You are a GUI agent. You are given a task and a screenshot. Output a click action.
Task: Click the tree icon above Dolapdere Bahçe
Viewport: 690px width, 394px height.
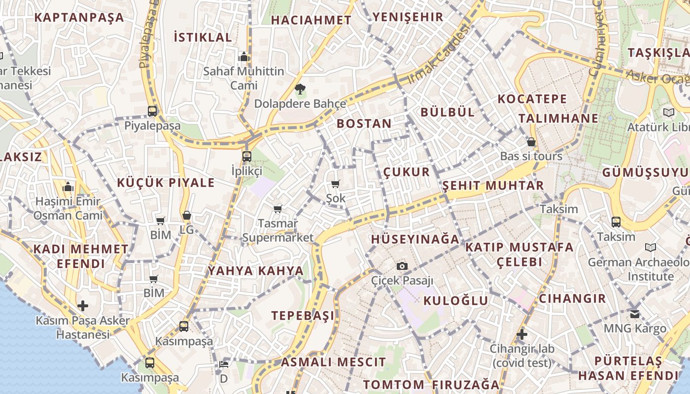point(300,89)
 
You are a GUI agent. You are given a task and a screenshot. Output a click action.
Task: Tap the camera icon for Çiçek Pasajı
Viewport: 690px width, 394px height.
point(402,266)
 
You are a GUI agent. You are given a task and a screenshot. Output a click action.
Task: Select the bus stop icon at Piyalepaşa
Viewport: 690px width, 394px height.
point(152,111)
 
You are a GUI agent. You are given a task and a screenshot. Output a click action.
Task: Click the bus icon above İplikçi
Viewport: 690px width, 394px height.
point(246,157)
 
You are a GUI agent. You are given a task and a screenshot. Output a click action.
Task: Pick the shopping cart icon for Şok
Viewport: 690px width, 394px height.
point(336,184)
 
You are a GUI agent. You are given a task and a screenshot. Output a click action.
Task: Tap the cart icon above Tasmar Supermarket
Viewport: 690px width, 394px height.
point(278,209)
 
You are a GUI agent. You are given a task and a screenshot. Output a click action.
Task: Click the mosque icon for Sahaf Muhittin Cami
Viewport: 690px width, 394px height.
point(243,57)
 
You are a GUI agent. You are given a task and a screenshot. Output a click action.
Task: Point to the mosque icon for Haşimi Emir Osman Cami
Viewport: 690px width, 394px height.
point(69,187)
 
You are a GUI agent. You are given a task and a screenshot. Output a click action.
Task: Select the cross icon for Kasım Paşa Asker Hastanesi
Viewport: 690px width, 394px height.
point(83,306)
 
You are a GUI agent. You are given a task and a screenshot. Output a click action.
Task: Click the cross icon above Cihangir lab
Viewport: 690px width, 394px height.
point(522,335)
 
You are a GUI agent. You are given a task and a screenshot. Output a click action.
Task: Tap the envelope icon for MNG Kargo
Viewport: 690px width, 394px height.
point(635,314)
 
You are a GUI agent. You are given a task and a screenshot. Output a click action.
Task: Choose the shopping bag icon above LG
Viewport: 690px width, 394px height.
point(186,215)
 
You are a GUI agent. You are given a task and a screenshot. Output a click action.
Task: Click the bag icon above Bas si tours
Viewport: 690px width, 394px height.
point(531,142)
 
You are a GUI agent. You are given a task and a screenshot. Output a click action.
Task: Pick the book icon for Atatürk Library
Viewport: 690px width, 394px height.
point(668,112)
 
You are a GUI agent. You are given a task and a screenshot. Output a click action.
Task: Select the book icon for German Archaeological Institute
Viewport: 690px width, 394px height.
point(651,247)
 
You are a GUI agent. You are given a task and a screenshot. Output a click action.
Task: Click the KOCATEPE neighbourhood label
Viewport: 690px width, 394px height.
point(532,99)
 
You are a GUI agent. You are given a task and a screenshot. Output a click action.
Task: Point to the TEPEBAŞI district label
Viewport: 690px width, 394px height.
point(303,316)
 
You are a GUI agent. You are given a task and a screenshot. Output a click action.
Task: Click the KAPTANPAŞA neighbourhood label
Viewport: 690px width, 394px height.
point(79,18)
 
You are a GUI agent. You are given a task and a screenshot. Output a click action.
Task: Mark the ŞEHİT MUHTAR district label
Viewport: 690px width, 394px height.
point(493,186)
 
